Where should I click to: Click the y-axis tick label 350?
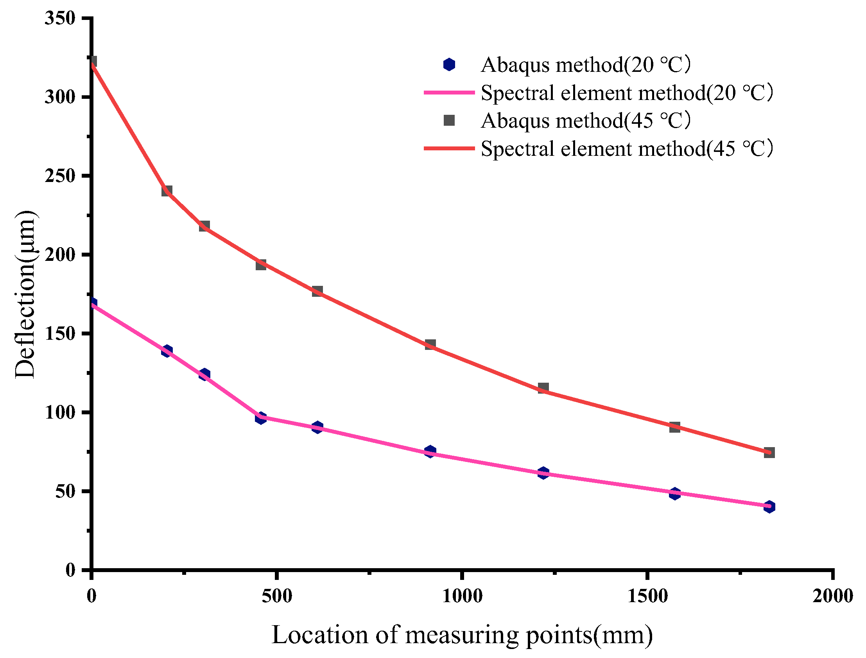click(59, 18)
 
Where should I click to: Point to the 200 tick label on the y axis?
click(59, 255)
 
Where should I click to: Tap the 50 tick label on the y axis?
click(65, 492)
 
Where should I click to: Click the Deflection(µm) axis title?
click(25, 294)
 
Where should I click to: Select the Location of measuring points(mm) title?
click(462, 635)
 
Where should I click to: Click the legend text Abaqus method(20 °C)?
click(585, 64)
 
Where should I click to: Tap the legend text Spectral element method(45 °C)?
click(626, 149)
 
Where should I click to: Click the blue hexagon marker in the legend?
click(449, 64)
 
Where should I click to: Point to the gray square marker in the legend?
click(449, 121)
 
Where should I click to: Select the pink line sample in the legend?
click(449, 93)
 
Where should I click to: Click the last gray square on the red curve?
click(769, 453)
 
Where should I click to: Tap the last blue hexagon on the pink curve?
click(769, 507)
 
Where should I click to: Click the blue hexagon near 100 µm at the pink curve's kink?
click(261, 418)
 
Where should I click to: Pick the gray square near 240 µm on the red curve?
click(167, 191)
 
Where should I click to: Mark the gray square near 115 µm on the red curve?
click(543, 388)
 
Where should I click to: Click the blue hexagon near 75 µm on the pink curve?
click(430, 451)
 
